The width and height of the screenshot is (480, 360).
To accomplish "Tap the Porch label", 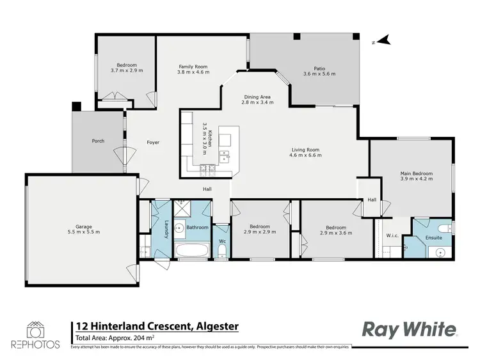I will [98, 141].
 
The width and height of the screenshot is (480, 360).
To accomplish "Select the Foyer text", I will [153, 142].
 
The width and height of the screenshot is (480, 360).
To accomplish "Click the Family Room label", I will [193, 66].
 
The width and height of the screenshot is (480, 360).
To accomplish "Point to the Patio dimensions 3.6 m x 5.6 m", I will [319, 74].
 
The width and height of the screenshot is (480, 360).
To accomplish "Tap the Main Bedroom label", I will [417, 173].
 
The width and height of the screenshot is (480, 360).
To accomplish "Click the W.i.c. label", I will [393, 235].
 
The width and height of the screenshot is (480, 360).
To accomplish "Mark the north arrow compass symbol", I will [382, 41].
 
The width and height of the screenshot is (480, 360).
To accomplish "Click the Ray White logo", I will [410, 329].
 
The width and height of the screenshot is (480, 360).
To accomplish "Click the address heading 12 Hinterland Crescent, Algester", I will [157, 326].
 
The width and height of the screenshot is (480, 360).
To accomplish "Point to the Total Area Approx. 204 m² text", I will [115, 338].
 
